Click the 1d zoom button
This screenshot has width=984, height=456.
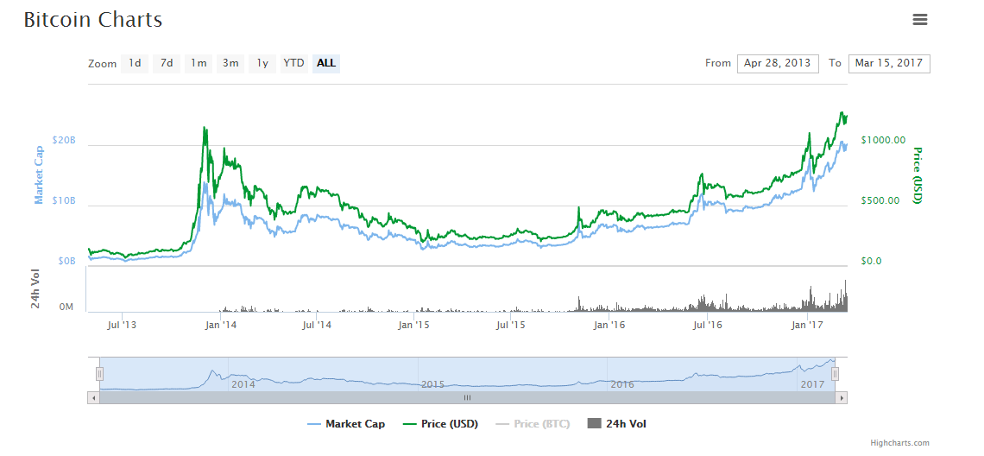click(135, 63)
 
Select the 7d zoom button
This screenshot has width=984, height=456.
click(167, 63)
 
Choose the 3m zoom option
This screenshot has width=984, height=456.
click(230, 63)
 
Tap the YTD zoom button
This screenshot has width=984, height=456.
click(294, 63)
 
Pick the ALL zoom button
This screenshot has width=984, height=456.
click(326, 63)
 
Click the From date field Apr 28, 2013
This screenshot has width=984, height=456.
click(778, 63)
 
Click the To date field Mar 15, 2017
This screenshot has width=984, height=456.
click(889, 63)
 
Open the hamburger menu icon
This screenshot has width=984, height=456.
click(919, 20)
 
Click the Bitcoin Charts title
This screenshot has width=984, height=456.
click(93, 20)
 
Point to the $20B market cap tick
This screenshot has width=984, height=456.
click(65, 140)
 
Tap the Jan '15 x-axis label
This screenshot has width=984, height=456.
click(414, 325)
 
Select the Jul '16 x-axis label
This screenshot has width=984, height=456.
click(708, 325)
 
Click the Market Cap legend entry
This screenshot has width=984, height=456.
click(346, 424)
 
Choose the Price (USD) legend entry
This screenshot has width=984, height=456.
click(444, 424)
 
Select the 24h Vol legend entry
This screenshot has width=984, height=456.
click(617, 424)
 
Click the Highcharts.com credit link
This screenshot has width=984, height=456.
click(899, 443)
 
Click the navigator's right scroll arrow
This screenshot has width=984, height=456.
click(842, 398)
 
